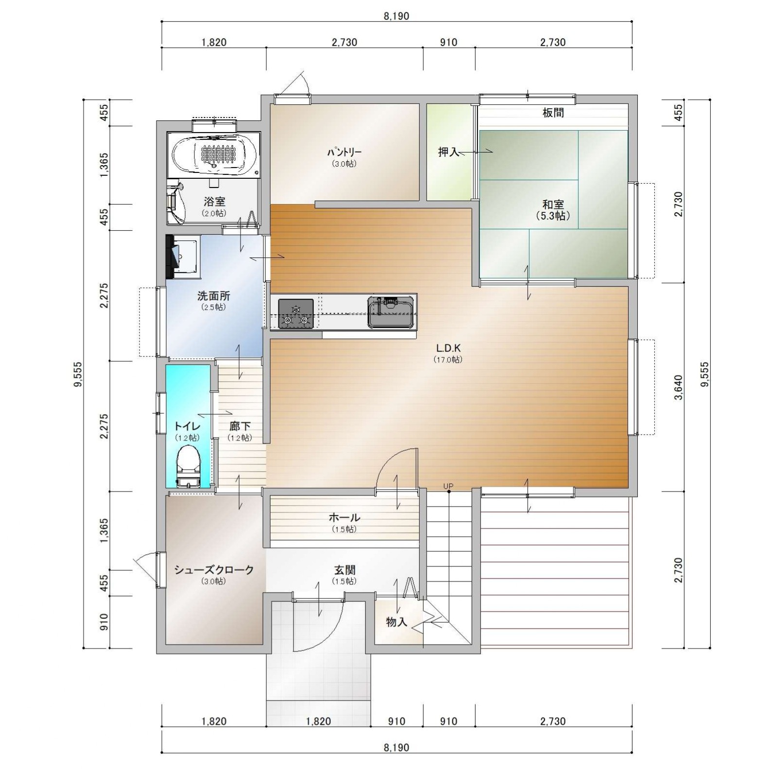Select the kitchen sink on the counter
point(391,312)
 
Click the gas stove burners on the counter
point(295,313)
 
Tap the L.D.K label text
point(448,348)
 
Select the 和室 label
point(553,205)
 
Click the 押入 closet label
point(448,152)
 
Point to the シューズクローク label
point(214,570)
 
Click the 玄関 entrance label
point(344,570)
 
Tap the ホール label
point(344,517)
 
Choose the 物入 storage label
point(396,622)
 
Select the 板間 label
point(553,113)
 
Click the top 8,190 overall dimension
point(396,17)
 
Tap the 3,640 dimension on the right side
point(679,387)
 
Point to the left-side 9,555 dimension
point(78,375)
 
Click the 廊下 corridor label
point(240,427)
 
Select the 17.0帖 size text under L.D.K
point(448,360)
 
